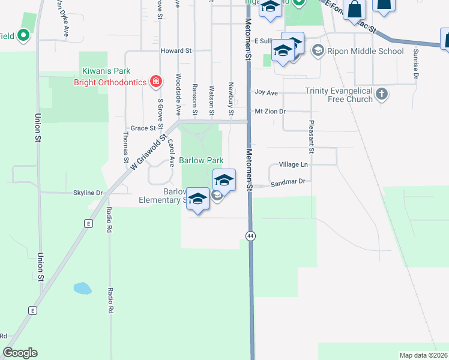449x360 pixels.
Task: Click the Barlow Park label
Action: [202, 160]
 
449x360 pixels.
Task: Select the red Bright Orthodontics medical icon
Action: [156, 81]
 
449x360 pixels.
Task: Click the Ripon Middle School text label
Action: [365, 51]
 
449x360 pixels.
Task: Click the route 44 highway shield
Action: [250, 236]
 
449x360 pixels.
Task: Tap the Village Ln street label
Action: [293, 164]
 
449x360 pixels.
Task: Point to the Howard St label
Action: [175, 52]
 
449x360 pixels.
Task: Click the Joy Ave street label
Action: [267, 93]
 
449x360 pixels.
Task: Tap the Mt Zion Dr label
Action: [270, 112]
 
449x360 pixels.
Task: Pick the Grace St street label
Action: [143, 128]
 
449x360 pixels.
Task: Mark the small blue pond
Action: [82, 289]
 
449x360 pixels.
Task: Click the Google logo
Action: [20, 353]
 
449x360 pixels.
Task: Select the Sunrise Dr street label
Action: [415, 64]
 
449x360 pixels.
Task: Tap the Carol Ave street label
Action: [171, 153]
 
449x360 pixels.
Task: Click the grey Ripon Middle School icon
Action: [318, 51]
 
